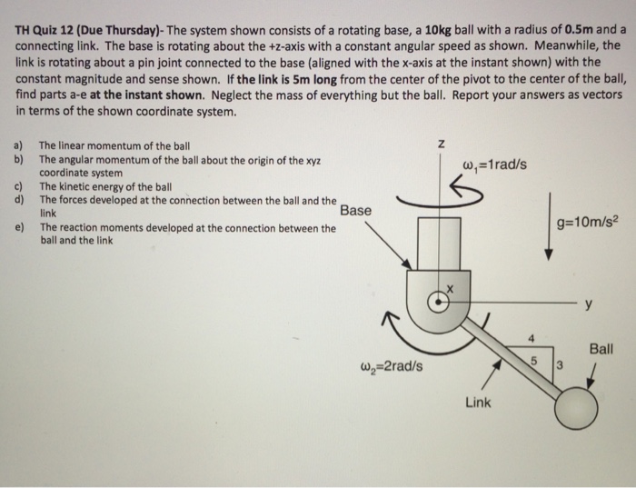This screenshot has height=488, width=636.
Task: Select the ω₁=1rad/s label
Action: (x=494, y=164)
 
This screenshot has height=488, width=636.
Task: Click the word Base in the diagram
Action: (x=355, y=210)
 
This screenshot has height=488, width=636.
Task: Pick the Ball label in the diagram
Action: (x=601, y=349)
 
